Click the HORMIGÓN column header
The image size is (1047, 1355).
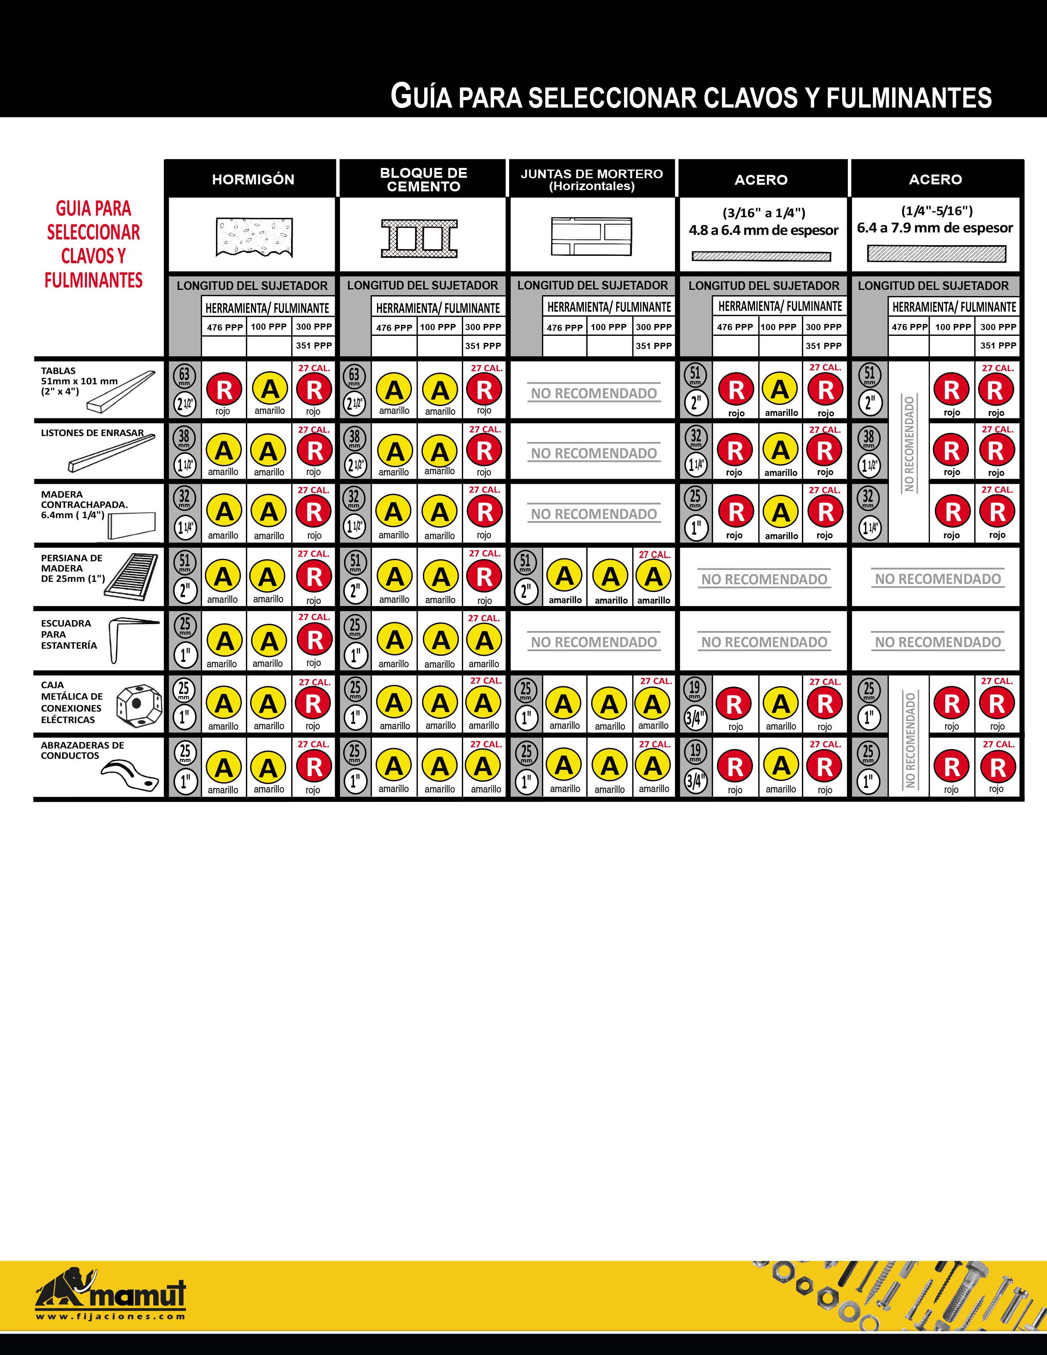pyautogui.click(x=253, y=179)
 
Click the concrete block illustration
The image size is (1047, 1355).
pyautogui.click(x=419, y=238)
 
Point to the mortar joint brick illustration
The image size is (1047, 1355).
pyautogui.click(x=591, y=237)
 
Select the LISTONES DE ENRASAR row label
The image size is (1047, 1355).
pyautogui.click(x=92, y=433)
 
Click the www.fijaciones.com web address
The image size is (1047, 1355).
pyautogui.click(x=110, y=1316)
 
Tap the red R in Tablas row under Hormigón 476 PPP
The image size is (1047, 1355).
pyautogui.click(x=223, y=390)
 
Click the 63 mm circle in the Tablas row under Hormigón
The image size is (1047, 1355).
pyautogui.click(x=184, y=375)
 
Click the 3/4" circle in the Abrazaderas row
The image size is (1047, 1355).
pyautogui.click(x=695, y=781)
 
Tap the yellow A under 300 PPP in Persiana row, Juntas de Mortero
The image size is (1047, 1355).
pyautogui.click(x=653, y=577)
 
